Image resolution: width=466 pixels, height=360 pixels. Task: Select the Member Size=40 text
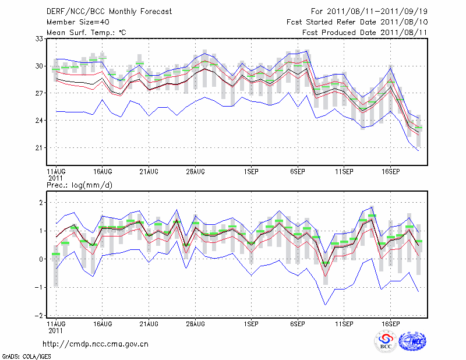point(77,22)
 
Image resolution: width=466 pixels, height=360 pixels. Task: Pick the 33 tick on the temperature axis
point(40,39)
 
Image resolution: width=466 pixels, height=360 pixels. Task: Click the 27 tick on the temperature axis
point(40,93)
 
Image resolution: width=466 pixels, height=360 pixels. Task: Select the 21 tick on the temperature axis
point(40,147)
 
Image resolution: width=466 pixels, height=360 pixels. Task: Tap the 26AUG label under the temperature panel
point(195,172)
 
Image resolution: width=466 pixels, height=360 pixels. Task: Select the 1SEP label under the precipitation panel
point(251,323)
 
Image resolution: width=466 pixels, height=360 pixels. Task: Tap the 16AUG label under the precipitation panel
point(102,323)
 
